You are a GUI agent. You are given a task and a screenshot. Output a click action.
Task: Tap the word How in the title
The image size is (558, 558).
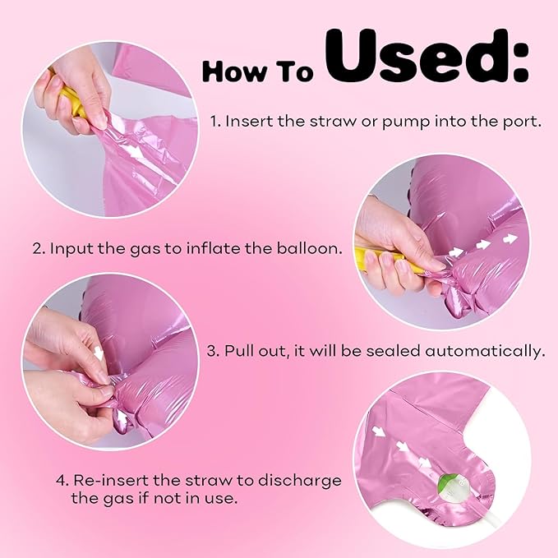tap(234, 71)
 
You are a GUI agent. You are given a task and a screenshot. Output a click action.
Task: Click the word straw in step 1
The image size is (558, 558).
tap(332, 122)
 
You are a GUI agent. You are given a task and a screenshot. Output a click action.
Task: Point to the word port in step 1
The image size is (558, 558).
tap(523, 122)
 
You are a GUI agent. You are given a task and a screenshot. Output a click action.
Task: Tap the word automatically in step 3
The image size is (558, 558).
tap(485, 351)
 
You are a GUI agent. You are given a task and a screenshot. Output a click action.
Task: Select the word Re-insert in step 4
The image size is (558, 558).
tap(111, 481)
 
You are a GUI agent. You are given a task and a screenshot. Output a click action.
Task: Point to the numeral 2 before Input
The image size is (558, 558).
tap(38, 248)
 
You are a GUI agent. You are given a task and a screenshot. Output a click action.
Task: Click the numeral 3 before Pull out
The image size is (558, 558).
tap(213, 352)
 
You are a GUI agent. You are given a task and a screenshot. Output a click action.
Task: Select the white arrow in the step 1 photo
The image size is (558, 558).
tap(135, 152)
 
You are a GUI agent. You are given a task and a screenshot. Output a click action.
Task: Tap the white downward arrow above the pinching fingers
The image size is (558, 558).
tap(99, 353)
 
